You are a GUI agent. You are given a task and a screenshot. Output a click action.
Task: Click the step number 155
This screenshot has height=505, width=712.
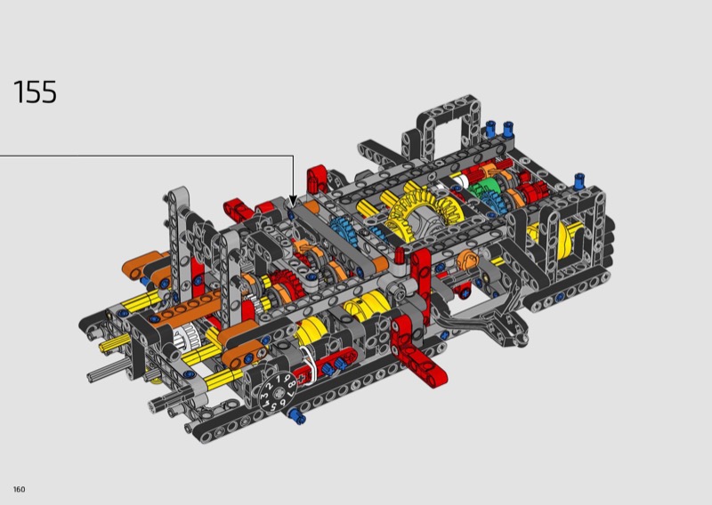click(x=35, y=92)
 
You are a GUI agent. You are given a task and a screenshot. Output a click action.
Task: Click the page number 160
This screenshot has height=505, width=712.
click(x=19, y=489)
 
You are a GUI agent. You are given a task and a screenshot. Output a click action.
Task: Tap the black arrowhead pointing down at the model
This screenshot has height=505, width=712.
click(x=293, y=201)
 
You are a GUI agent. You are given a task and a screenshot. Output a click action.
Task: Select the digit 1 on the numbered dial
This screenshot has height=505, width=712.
click(x=279, y=379)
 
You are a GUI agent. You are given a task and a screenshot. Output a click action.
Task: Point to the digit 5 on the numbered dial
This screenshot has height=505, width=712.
click(x=271, y=406)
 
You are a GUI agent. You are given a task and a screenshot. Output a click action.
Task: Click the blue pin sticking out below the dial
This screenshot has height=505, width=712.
click(x=296, y=415)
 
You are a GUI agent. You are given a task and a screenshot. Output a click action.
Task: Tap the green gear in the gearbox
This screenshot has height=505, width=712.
click(x=482, y=188)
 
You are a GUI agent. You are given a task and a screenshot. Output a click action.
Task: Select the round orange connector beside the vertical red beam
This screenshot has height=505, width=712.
click(x=468, y=260)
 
